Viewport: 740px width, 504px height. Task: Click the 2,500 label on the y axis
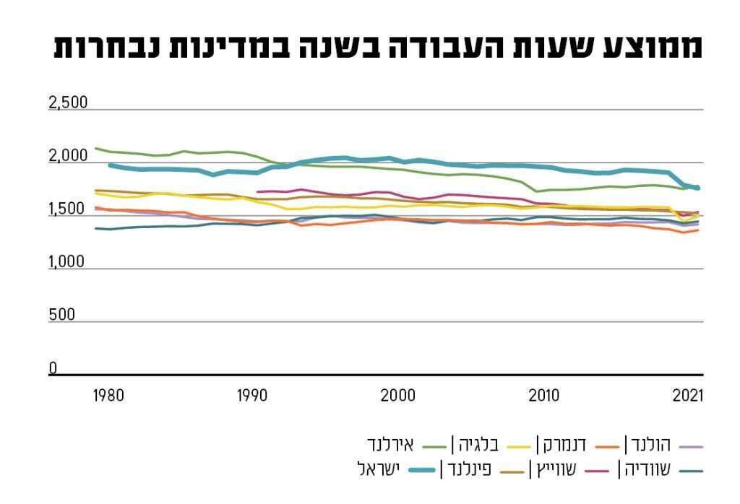click(68, 103)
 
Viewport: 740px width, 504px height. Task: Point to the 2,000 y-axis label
click(68, 156)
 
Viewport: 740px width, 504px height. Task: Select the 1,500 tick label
click(67, 209)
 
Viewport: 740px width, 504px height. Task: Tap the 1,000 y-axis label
click(67, 262)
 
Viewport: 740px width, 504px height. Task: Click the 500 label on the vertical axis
click(61, 316)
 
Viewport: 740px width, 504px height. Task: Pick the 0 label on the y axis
click(53, 368)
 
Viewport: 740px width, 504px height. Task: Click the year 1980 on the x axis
click(108, 396)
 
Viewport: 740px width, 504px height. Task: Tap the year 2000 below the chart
click(397, 396)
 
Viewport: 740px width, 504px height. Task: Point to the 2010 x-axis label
click(543, 396)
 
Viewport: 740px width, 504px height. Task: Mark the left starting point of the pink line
click(258, 192)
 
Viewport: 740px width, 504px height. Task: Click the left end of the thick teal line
click(109, 165)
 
